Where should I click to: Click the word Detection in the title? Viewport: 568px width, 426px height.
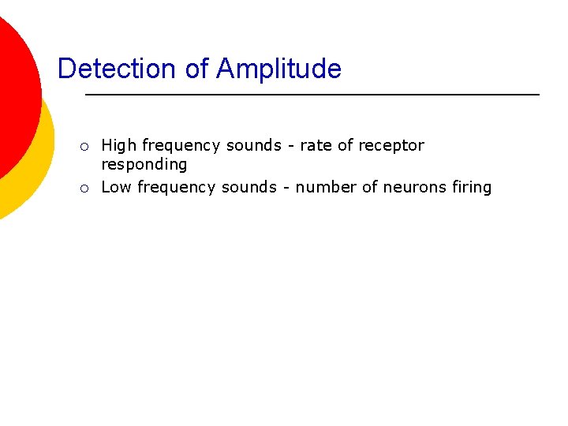(118, 69)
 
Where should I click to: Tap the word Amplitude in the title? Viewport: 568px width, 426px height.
(278, 69)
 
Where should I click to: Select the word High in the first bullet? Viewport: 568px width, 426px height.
(118, 145)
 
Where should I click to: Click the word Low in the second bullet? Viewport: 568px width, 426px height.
(117, 187)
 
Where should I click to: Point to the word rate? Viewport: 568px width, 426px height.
(316, 145)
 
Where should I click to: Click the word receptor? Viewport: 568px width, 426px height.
(391, 145)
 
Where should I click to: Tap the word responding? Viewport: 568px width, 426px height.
(144, 165)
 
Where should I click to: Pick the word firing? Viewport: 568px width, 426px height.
(471, 187)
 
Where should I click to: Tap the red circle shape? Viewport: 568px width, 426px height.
(14, 87)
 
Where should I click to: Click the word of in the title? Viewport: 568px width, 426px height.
(196, 69)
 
